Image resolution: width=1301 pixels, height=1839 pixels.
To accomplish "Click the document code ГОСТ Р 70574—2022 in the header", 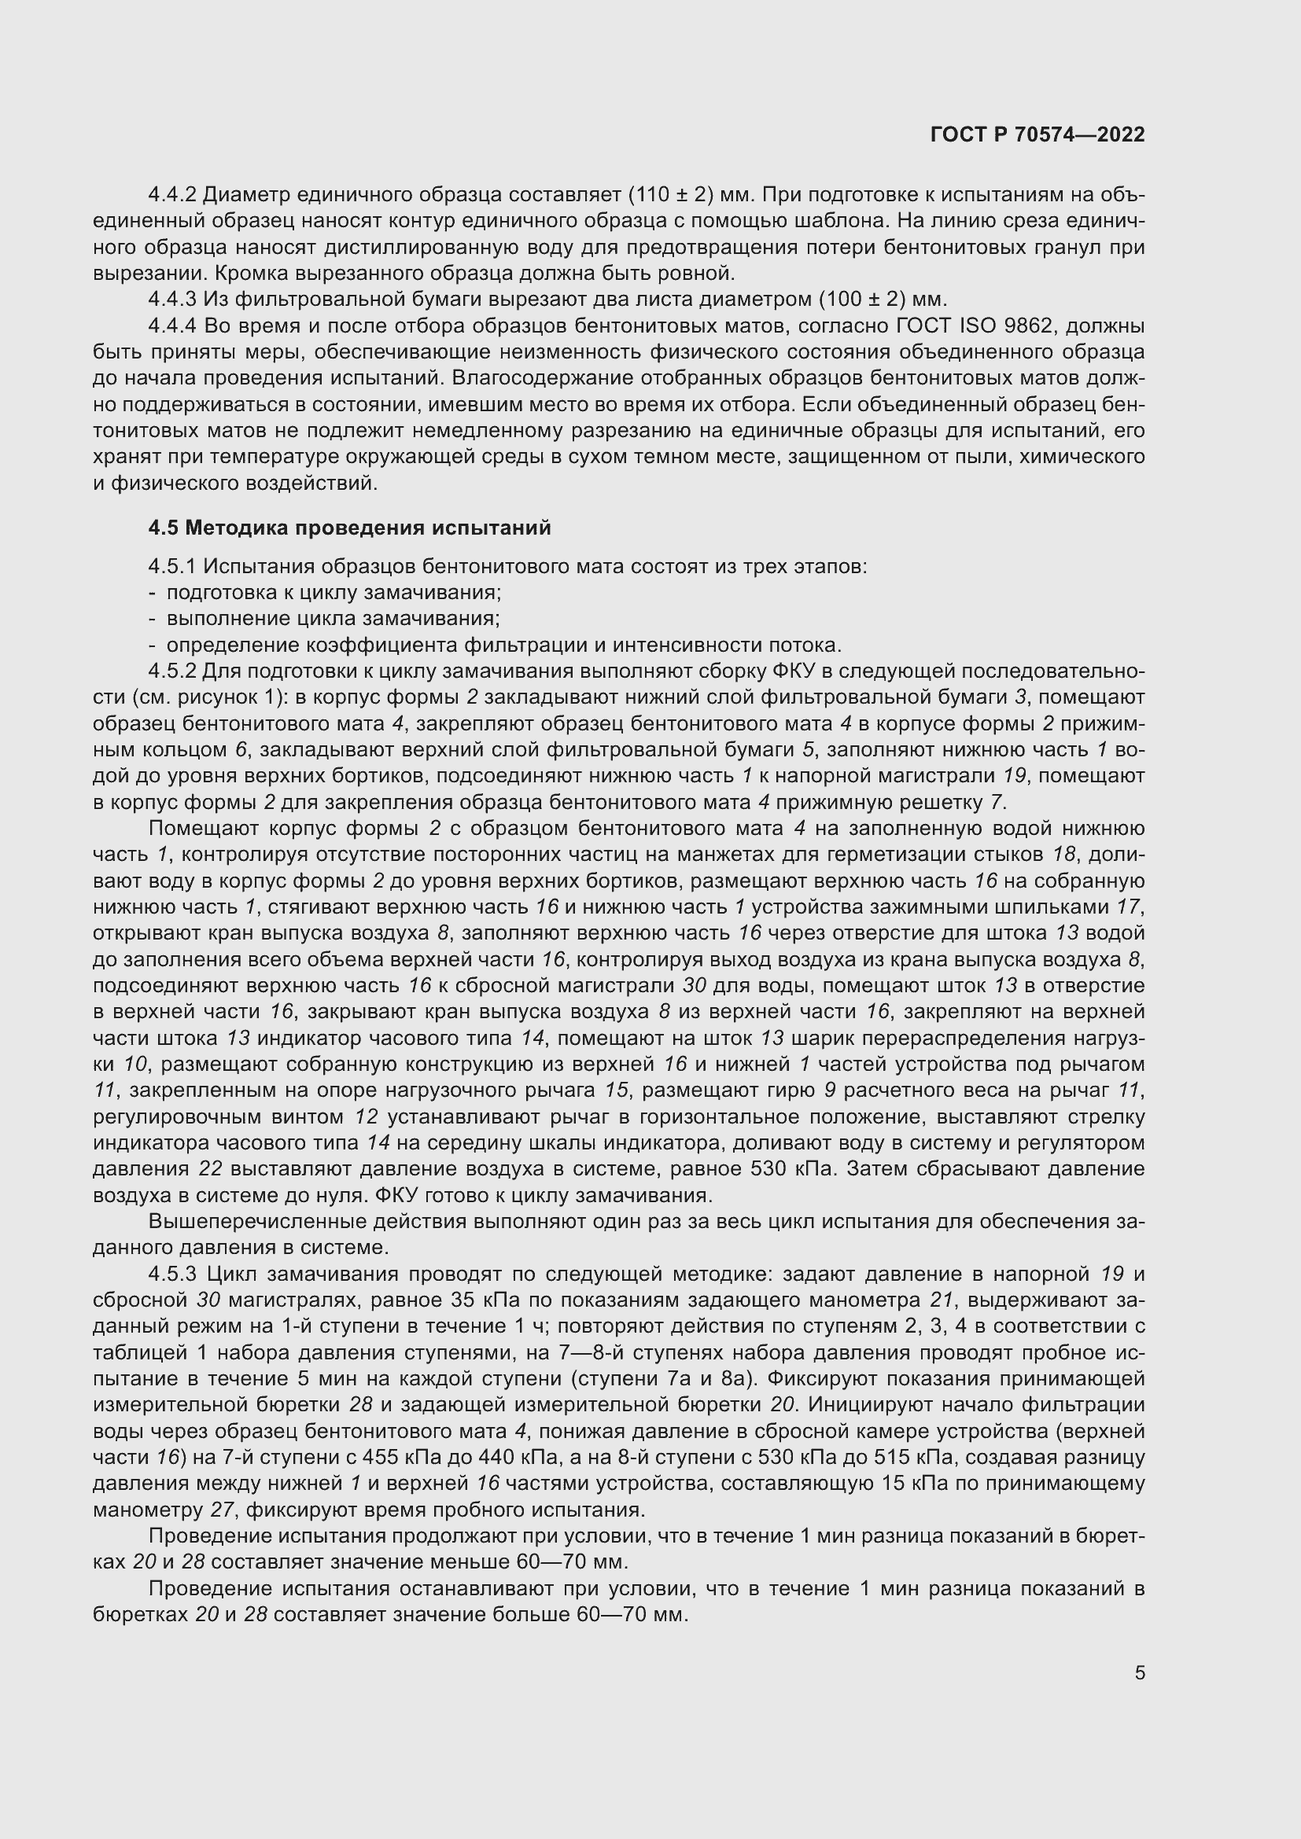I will point(1037,134).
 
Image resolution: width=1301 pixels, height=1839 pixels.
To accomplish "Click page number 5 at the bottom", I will point(1139,1672).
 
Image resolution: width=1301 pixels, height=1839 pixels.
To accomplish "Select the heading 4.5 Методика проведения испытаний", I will point(350,528).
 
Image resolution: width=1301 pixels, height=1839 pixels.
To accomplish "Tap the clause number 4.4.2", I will point(172,195).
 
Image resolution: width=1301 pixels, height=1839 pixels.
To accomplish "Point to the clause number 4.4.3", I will point(172,300).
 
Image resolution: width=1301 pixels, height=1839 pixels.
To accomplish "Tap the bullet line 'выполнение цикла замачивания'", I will point(333,618).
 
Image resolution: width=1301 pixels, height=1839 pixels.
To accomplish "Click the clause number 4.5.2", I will point(172,671).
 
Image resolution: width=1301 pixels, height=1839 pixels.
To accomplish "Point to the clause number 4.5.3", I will point(172,1274).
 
